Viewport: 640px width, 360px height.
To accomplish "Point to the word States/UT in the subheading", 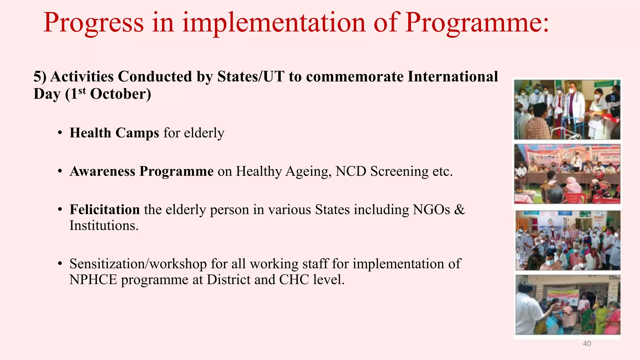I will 251,77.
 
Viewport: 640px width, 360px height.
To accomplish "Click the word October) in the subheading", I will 120,94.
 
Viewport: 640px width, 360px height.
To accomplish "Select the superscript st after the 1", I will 82,91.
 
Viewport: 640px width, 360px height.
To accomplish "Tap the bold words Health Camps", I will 114,133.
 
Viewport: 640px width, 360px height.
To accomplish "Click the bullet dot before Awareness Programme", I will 60,172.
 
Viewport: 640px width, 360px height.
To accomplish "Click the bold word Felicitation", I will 104,210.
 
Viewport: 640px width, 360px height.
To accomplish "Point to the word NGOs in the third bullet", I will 431,210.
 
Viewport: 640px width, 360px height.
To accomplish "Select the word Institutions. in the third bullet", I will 104,226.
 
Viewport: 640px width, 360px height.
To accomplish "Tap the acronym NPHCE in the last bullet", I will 93,280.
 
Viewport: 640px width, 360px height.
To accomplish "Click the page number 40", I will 587,344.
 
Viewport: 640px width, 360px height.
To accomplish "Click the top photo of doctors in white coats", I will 567,109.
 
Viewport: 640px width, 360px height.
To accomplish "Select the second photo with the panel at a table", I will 567,174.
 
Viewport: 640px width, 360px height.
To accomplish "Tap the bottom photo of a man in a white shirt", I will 567,305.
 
